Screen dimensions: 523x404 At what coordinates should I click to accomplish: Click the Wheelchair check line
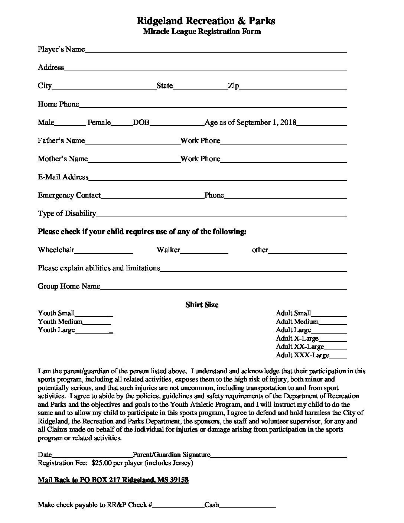[x=104, y=251]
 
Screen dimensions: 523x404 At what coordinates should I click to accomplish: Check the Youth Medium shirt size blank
[x=97, y=322]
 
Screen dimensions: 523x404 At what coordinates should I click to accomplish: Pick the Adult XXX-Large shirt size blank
[x=338, y=356]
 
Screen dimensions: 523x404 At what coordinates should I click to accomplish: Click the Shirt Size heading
[x=202, y=305]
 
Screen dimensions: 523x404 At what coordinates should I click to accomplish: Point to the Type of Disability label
[x=67, y=214]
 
